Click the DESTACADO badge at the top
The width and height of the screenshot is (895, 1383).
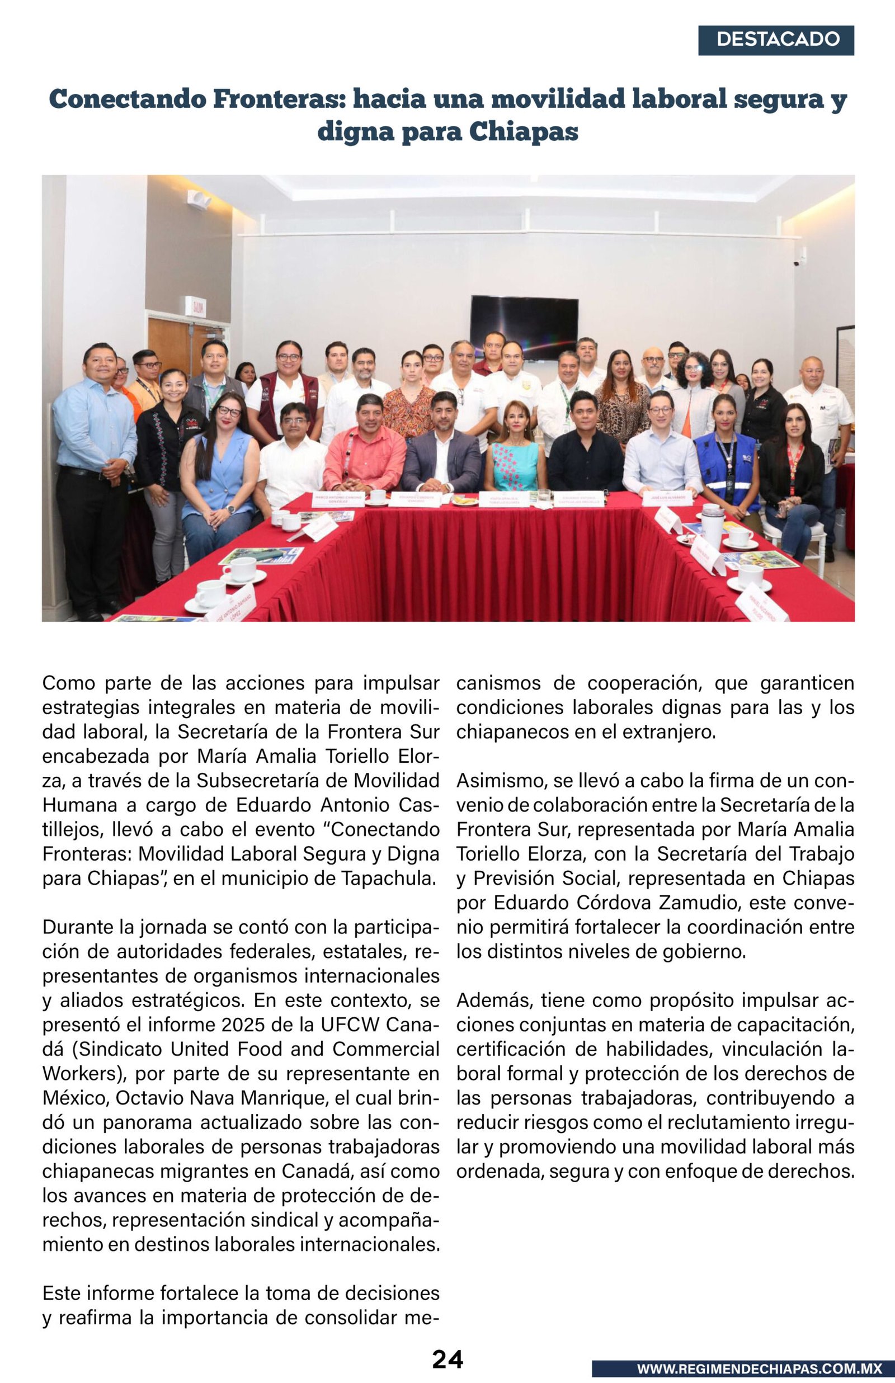pos(776,40)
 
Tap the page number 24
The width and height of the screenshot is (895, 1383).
pos(447,1359)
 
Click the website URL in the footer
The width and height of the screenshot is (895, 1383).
pos(759,1368)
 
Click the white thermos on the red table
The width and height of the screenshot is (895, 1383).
pos(712,525)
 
